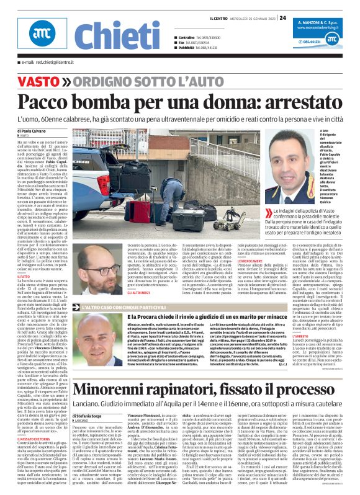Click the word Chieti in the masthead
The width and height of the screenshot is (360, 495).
[109, 35]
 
